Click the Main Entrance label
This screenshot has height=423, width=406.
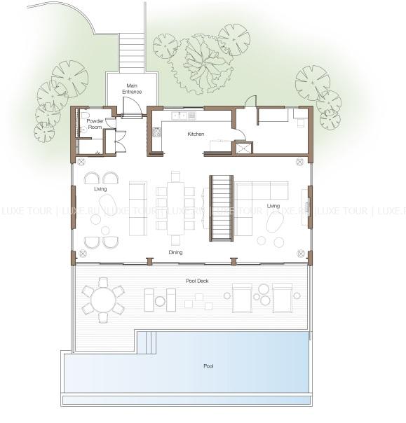pyautogui.click(x=132, y=89)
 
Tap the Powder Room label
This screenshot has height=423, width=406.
pyautogui.click(x=95, y=124)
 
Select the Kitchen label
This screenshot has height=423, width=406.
pyautogui.click(x=196, y=134)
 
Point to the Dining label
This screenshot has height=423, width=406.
pyautogui.click(x=175, y=252)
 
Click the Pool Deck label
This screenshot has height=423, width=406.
pyautogui.click(x=197, y=281)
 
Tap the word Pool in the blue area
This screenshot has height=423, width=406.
pyautogui.click(x=208, y=366)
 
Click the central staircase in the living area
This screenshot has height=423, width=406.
pyautogui.click(x=222, y=208)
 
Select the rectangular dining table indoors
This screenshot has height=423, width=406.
pyautogui.click(x=175, y=209)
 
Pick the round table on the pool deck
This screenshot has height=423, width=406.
pyautogui.click(x=103, y=300)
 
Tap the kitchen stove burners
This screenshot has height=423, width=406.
pyautogui.click(x=156, y=132)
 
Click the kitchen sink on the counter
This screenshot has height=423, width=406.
pyautogui.click(x=179, y=116)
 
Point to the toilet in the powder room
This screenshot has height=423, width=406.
pyautogui.click(x=83, y=114)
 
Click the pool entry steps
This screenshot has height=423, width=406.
pyautogui.click(x=147, y=342)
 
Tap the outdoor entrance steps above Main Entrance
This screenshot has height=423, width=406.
pyautogui.click(x=132, y=53)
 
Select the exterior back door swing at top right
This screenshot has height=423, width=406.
pyautogui.click(x=250, y=102)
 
